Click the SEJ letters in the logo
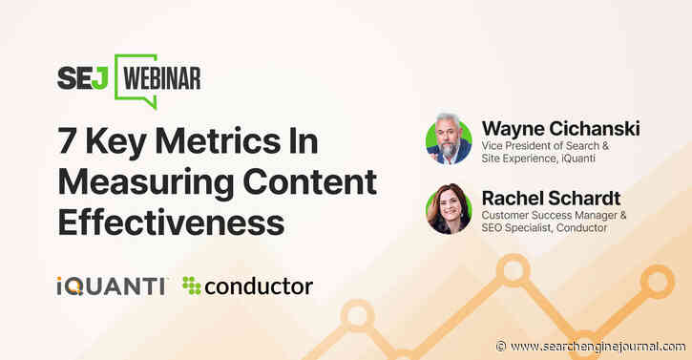pyautogui.click(x=83, y=77)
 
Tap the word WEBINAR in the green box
pyautogui.click(x=159, y=77)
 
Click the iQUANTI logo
pyautogui.click(x=111, y=285)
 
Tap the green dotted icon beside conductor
pyautogui.click(x=192, y=285)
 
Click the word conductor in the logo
pyautogui.click(x=259, y=285)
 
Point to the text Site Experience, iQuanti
pyautogui.click(x=544, y=158)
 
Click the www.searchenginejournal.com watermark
pyautogui.click(x=597, y=346)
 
